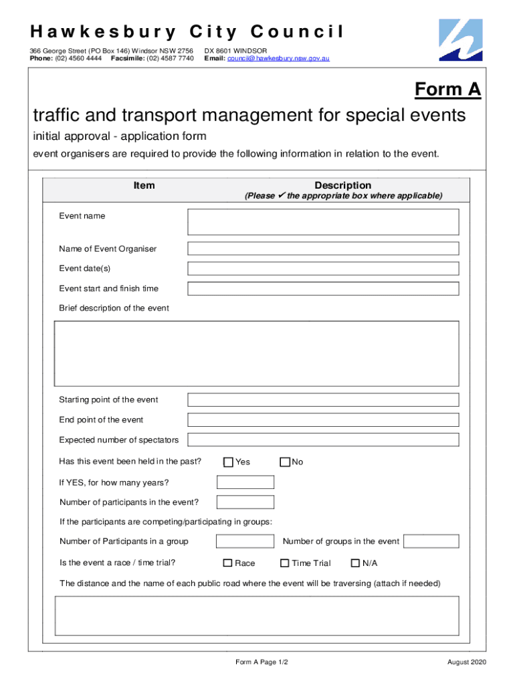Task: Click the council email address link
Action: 278,59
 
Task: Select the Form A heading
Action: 447,90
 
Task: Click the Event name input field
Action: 323,222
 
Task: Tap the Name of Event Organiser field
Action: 323,249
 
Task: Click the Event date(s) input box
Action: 323,269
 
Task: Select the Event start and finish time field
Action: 323,289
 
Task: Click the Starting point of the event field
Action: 323,400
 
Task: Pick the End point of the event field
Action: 323,420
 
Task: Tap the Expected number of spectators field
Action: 323,440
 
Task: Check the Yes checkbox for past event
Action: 228,462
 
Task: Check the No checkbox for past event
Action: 285,462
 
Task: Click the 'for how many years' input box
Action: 245,482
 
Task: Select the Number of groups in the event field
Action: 431,541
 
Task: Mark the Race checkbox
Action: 227,563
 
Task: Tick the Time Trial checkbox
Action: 284,563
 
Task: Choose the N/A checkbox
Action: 356,563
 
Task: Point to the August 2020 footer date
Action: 467,662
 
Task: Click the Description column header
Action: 342,185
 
